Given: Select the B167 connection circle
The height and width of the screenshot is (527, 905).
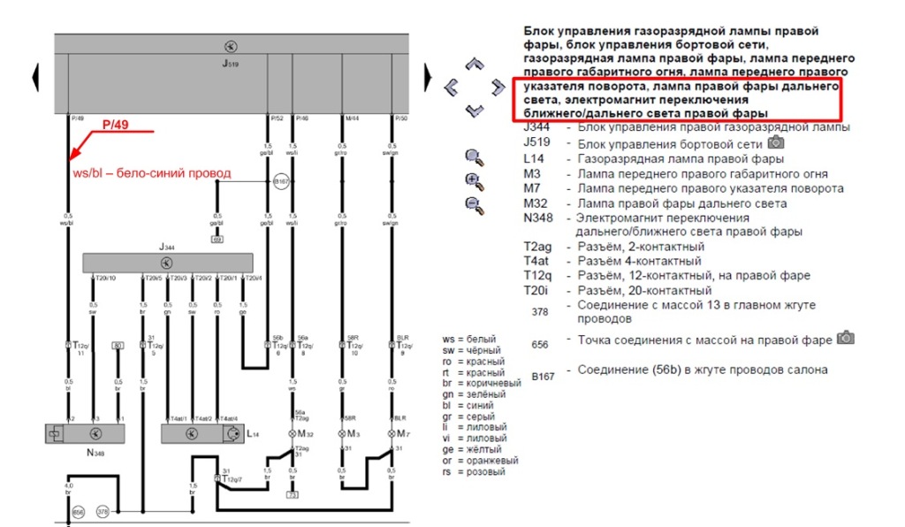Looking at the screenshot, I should click(x=281, y=181).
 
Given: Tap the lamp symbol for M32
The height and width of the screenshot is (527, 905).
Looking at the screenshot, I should click(x=293, y=433).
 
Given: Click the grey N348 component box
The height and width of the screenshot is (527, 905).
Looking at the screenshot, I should click(x=84, y=433).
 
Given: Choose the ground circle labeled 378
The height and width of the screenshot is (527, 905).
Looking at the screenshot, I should click(x=102, y=512).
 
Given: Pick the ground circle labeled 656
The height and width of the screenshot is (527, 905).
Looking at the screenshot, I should click(x=78, y=512).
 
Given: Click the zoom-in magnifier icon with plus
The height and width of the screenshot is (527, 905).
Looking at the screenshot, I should click(x=475, y=182).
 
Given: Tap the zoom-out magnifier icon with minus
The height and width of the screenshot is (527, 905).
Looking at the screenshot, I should click(x=475, y=205).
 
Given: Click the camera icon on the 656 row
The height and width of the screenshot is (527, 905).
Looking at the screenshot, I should click(x=845, y=338).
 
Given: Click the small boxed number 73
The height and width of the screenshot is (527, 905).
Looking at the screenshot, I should click(x=293, y=494).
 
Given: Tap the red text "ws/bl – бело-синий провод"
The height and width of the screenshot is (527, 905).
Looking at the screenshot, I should click(x=151, y=173).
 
